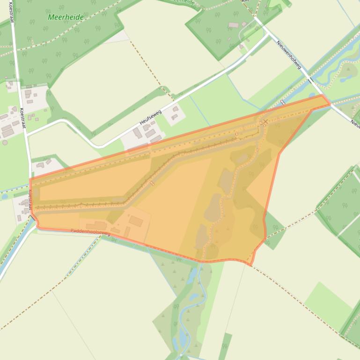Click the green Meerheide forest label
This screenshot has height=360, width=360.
(x=66, y=17)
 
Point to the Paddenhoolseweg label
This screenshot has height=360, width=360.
(x=90, y=231)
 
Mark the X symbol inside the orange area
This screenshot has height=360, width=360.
(x=265, y=122)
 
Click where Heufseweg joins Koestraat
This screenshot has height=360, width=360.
(x=27, y=134)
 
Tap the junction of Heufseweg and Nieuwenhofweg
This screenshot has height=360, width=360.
(x=267, y=34)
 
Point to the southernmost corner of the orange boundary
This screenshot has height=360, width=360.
(x=250, y=265)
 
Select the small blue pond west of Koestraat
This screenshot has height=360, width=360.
(x=4, y=196)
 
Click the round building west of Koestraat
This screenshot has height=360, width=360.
(x=5, y=142)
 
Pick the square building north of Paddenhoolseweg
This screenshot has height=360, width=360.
(x=136, y=221)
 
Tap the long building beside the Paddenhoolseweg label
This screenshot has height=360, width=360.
(x=96, y=226)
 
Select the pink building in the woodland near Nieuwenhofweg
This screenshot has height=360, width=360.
(x=233, y=25)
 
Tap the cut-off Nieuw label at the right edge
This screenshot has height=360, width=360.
(x=355, y=122)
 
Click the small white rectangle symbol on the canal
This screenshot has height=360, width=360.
(x=282, y=102)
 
